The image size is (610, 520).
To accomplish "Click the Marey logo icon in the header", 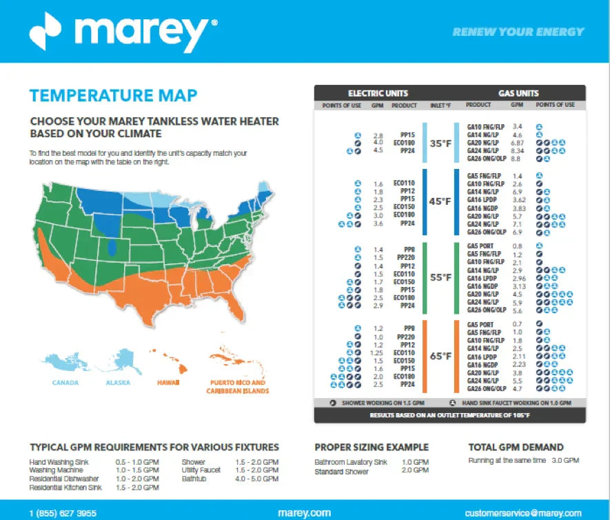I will pos(46,31).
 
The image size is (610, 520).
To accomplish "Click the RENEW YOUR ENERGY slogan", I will pos(518,32).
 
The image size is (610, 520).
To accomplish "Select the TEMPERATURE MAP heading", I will pos(114,95).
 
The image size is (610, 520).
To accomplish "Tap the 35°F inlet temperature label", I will pos(440,144).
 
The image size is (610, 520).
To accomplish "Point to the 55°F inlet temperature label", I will pos(440,277).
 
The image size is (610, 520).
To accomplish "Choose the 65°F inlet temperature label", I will pos(440,357).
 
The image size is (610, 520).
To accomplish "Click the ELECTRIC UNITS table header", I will pos(378,93).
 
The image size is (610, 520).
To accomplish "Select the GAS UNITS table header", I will pos(518,93).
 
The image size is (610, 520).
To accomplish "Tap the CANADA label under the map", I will pos(65,383).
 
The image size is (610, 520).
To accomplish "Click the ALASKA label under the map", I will pos(119,383).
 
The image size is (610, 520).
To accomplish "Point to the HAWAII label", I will pos(167,383).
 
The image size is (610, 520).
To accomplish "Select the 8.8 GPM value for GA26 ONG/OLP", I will pos(518,158).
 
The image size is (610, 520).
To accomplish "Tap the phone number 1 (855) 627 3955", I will pos(63,513).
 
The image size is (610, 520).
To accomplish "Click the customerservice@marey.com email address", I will pos(522,513).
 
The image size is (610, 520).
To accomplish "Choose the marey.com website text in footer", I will pos(303,513).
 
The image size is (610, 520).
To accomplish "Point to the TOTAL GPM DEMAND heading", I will pos(516,447).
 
